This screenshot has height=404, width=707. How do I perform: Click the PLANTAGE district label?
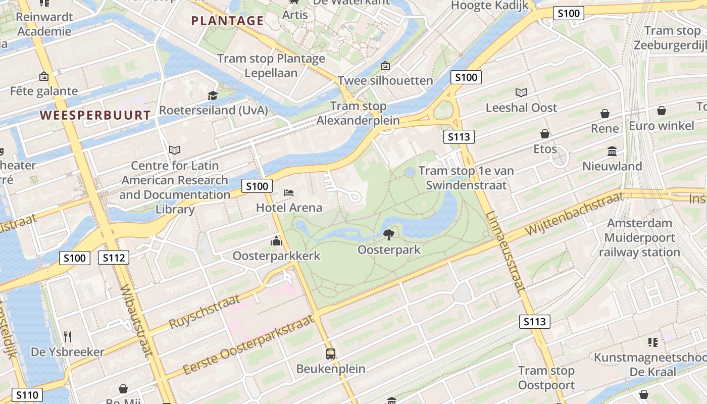(227, 21)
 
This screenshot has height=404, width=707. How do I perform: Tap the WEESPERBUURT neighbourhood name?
(95, 115)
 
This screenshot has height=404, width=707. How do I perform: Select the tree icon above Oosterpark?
(388, 234)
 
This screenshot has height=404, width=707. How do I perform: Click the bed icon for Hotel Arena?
(289, 193)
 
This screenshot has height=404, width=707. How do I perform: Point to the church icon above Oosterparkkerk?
(276, 241)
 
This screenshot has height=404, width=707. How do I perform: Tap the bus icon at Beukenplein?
(331, 354)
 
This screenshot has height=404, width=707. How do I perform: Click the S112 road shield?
(114, 258)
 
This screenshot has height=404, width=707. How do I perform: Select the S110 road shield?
(27, 395)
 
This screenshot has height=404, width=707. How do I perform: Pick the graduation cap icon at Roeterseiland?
(213, 95)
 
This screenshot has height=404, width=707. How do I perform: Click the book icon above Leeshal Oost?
(521, 92)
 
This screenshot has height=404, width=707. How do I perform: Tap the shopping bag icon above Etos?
(545, 134)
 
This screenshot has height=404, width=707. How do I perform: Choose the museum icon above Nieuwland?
(612, 151)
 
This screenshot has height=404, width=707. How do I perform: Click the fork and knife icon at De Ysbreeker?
(68, 337)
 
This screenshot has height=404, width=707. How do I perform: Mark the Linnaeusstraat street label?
(506, 251)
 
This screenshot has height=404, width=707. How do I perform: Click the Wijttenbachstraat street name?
(574, 214)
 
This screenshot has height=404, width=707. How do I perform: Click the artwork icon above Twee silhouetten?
(385, 66)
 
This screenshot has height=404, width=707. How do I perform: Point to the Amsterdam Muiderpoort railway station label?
(639, 237)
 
